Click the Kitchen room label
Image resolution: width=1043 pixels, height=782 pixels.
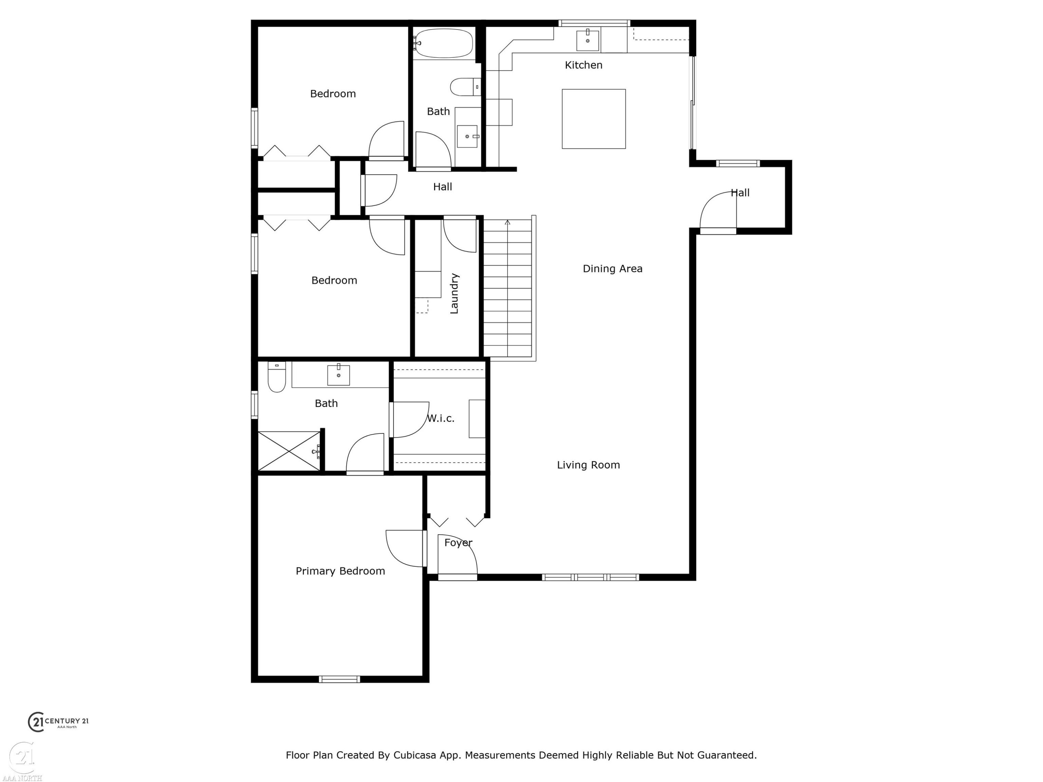583,65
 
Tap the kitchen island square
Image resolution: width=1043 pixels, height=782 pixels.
594,119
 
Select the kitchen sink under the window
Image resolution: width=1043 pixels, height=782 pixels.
588,40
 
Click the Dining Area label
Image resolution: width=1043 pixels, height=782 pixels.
613,269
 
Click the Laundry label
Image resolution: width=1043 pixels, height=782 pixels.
454,293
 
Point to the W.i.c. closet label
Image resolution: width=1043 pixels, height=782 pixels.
440,418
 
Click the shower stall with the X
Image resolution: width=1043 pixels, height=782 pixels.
289,451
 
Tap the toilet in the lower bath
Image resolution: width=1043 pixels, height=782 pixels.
277,377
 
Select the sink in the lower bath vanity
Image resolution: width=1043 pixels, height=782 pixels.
339,375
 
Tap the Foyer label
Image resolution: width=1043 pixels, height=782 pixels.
458,543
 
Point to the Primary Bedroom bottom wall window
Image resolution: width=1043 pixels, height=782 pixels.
339,679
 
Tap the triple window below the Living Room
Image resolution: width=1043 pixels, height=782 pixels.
590,577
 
